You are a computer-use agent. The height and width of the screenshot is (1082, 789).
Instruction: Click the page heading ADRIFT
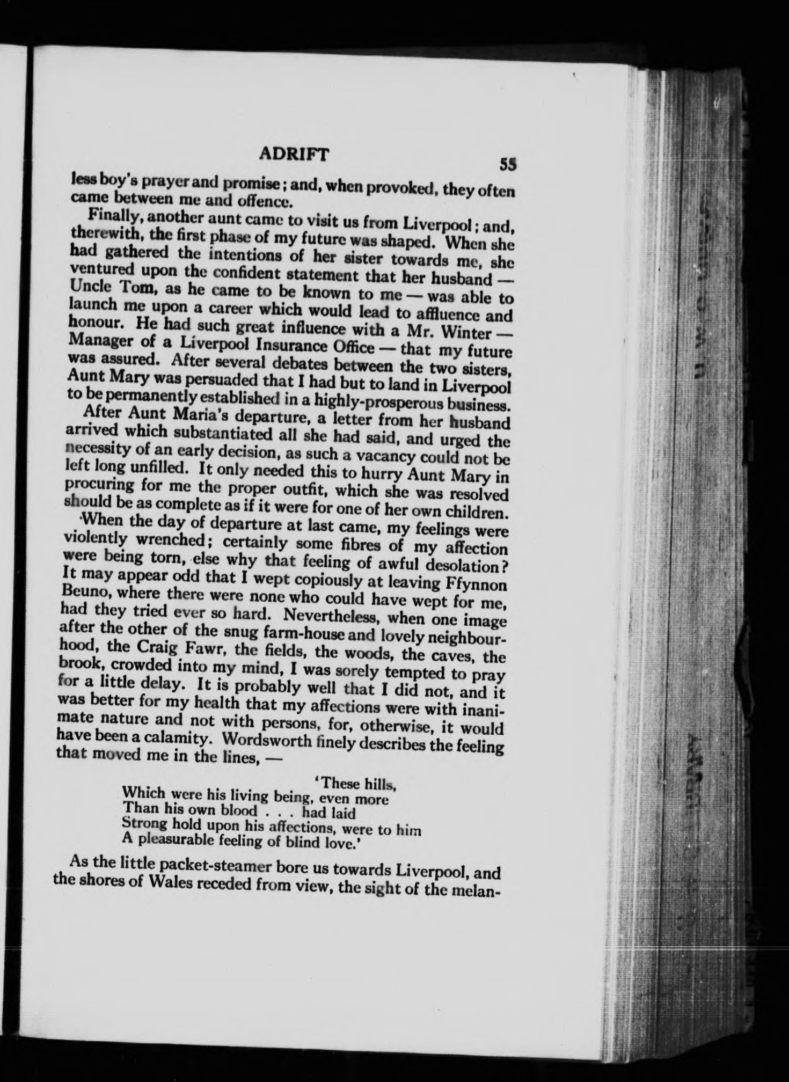coord(291,155)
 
